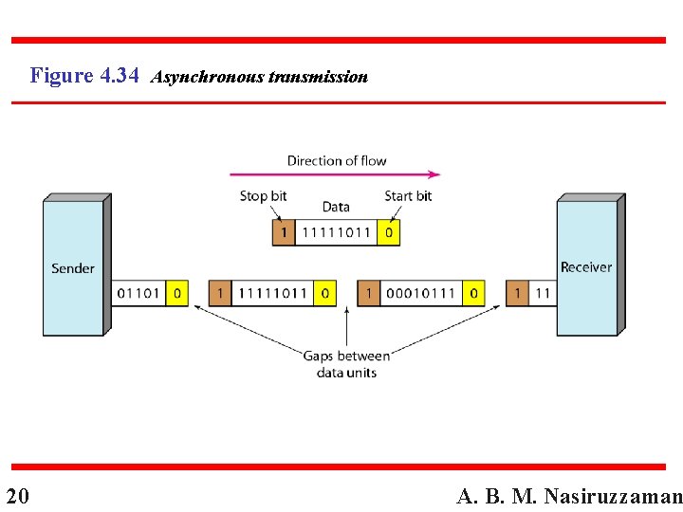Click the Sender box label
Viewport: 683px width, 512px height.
73,268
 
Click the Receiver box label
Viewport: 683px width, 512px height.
586,267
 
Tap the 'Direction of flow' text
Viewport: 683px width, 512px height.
337,160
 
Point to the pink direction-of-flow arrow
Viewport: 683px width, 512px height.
335,174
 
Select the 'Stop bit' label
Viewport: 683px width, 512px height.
264,196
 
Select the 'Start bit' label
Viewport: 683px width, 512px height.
408,196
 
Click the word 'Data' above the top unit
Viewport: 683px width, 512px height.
336,207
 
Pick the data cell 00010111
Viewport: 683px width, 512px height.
421,293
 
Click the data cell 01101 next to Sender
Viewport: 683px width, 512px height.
138,293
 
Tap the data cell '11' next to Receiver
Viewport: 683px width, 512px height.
542,293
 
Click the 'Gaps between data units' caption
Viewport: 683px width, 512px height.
346,364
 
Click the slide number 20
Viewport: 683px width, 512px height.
17,496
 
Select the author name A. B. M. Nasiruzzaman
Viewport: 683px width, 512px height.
569,496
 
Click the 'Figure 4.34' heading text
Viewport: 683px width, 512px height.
85,75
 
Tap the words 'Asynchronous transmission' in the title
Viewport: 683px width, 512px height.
259,77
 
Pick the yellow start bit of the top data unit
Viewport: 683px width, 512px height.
388,232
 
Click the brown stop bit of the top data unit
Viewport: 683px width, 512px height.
283,232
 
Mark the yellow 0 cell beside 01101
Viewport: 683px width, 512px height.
176,293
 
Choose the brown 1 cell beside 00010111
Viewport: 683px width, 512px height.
368,293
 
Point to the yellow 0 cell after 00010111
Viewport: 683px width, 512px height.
474,293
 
